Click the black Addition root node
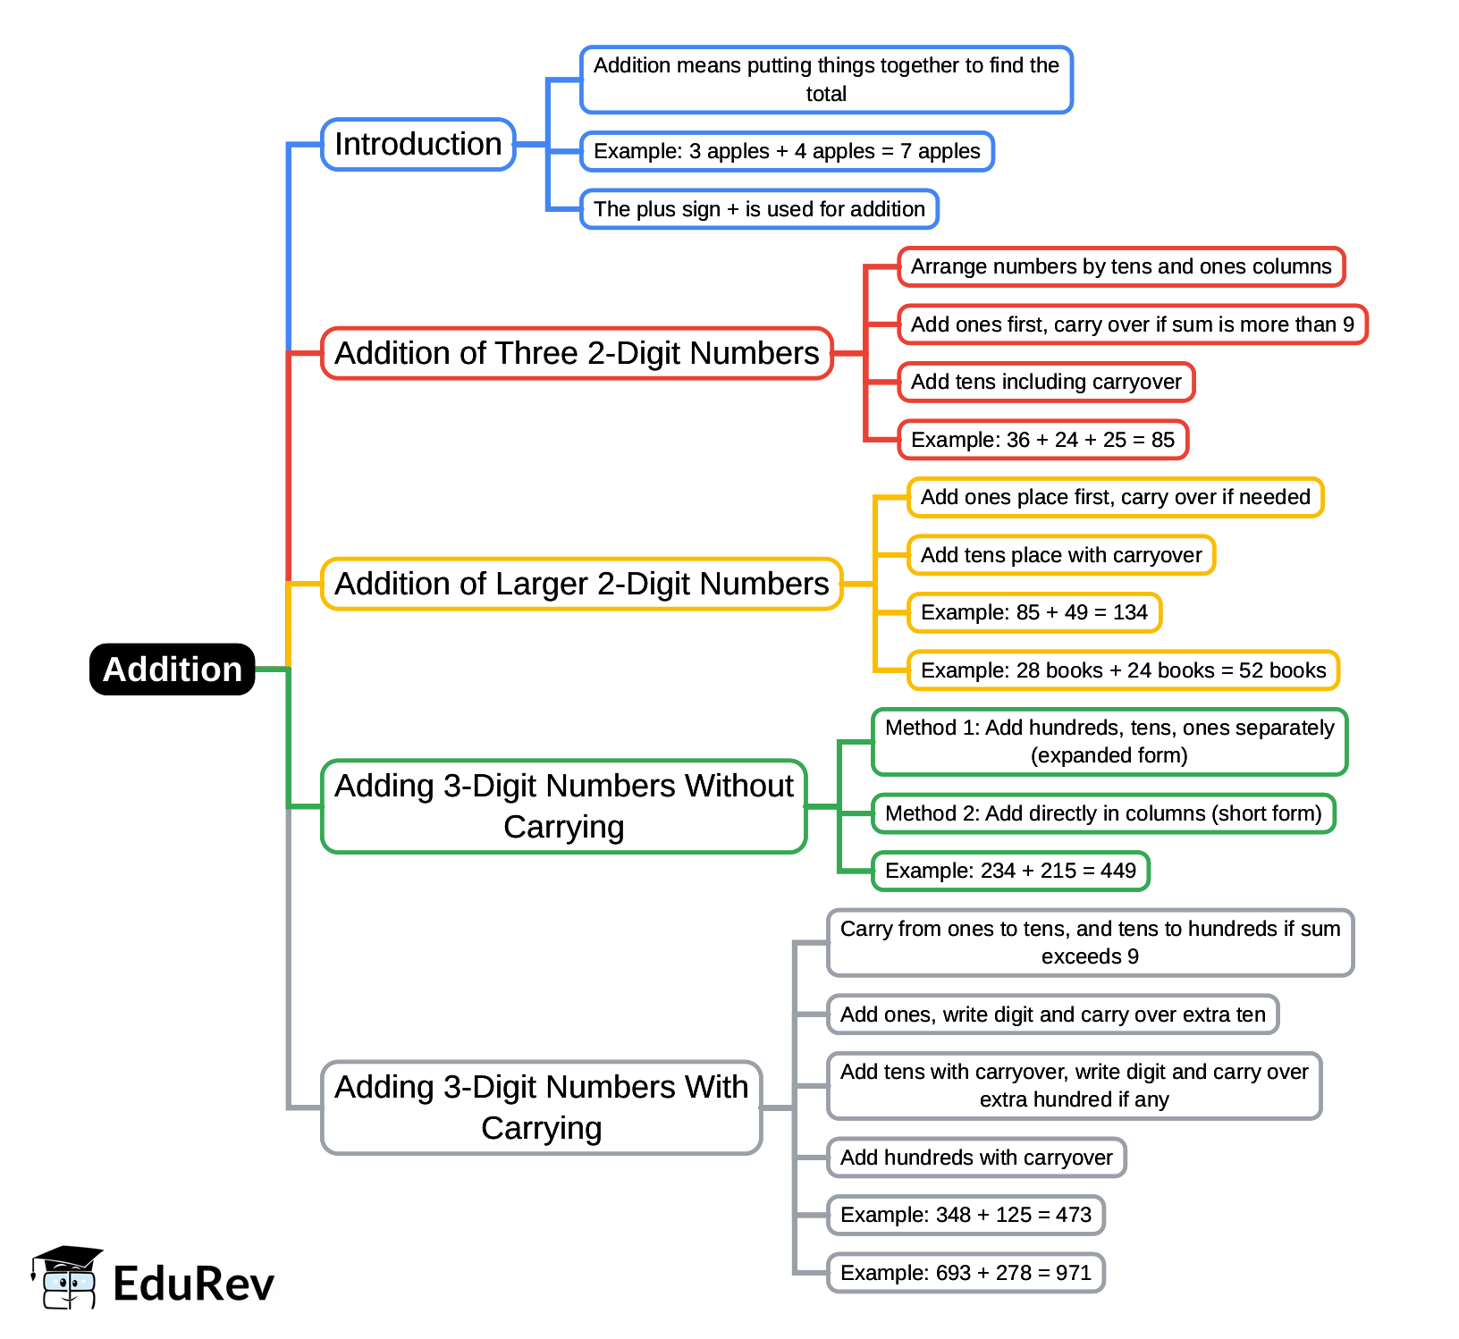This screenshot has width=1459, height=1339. tap(173, 669)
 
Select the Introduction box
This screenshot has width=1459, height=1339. tap(417, 144)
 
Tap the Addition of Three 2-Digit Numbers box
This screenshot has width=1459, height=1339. tap(577, 353)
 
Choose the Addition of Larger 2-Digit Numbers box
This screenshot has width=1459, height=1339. tap(581, 584)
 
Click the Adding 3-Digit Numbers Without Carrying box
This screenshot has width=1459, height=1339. tap(563, 806)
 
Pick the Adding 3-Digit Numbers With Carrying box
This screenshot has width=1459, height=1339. tap(541, 1107)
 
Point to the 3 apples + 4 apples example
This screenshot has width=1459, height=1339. tap(787, 151)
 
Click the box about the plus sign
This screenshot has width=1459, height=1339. tap(759, 209)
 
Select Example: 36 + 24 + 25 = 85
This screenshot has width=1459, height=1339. tap(1042, 440)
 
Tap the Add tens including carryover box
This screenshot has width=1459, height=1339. tap(1046, 382)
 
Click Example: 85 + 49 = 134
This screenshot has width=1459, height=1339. tap(1033, 612)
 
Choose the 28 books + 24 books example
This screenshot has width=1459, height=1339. tap(1123, 670)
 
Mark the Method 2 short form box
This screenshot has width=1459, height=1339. tap(1103, 813)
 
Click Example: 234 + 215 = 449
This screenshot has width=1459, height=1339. tap(1010, 871)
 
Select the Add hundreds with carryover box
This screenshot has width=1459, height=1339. tap(976, 1158)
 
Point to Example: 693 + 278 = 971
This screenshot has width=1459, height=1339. tap(966, 1273)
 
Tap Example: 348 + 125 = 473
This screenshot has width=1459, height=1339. tap(966, 1215)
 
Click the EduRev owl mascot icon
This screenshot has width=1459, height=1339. tap(67, 1278)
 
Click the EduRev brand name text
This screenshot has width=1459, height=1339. tap(193, 1284)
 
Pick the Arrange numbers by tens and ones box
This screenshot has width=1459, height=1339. tap(1121, 266)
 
